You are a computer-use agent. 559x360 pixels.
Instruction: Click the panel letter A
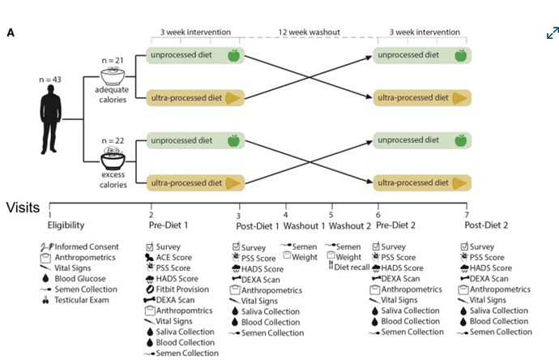(11, 32)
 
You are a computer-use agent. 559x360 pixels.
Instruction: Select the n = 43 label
(50, 79)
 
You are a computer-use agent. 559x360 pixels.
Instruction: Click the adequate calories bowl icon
(113, 75)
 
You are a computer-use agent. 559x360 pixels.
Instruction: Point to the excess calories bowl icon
(113, 158)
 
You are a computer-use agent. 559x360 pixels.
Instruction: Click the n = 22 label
(113, 140)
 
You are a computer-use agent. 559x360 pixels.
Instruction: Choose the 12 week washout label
(309, 32)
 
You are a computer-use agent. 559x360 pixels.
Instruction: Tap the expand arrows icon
(553, 32)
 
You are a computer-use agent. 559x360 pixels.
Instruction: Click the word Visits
(23, 208)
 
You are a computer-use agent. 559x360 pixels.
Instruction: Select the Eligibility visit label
(66, 225)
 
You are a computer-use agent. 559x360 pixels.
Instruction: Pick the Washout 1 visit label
(304, 226)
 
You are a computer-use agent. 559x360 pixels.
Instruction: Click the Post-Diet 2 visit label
(486, 225)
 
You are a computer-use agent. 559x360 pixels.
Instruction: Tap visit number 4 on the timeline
(285, 215)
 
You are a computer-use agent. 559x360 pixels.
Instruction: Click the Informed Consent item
(79, 246)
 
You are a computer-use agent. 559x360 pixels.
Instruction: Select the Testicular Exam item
(75, 300)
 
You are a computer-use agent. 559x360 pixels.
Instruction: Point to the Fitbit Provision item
(177, 289)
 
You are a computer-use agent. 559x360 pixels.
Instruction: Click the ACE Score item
(169, 257)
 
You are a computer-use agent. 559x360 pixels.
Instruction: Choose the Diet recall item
(348, 267)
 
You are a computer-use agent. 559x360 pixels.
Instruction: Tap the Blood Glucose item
(75, 279)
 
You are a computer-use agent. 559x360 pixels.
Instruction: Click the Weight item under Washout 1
(301, 256)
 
